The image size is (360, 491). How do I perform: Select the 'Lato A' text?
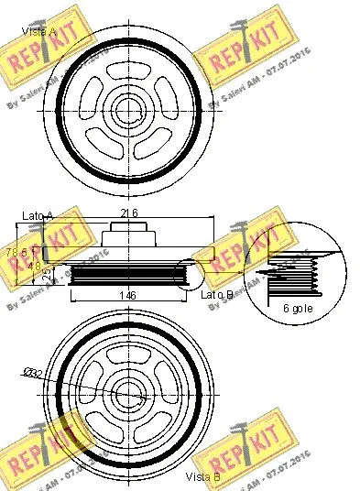coord(38,216)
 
